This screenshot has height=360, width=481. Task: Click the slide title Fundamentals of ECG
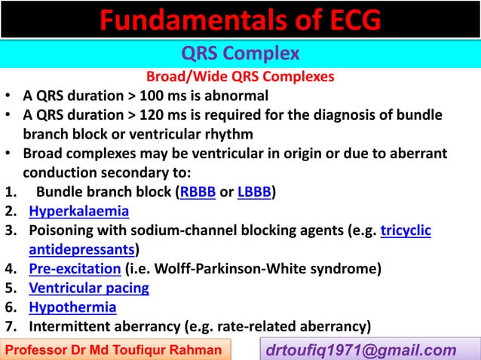pos(240,20)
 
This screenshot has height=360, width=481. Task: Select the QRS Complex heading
pos(240,53)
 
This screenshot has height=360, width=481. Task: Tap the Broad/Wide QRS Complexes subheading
pos(240,77)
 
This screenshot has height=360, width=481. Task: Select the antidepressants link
pos(82,249)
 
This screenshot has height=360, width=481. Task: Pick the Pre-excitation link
pos(75,268)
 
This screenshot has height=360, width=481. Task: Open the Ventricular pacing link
pos(89,288)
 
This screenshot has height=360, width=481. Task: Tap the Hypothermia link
pos(72,307)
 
